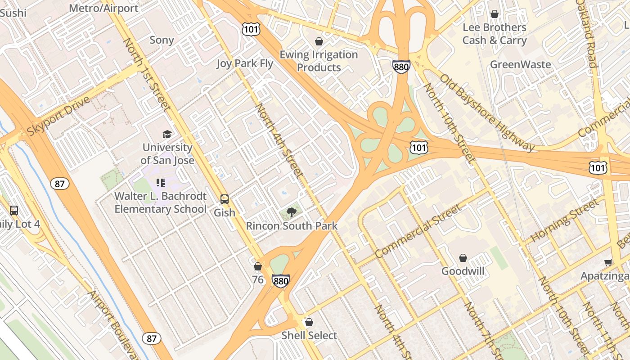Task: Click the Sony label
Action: [162, 40]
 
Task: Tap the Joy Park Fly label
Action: [245, 63]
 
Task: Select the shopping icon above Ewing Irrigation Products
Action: [319, 42]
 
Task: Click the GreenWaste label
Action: [520, 64]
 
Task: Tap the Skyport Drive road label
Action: [58, 116]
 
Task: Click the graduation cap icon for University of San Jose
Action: [167, 134]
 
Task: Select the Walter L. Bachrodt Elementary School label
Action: [161, 202]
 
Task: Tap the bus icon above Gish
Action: [225, 199]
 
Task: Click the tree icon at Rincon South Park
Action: [292, 212]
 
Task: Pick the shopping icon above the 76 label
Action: [258, 266]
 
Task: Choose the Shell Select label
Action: [309, 336]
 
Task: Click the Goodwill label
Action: [463, 271]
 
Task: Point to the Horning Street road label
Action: [565, 220]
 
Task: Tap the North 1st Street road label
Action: [147, 74]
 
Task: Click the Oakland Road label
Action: [588, 34]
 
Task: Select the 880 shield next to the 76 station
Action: [280, 281]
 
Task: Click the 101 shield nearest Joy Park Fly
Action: [249, 29]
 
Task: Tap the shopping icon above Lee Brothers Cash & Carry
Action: [495, 14]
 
